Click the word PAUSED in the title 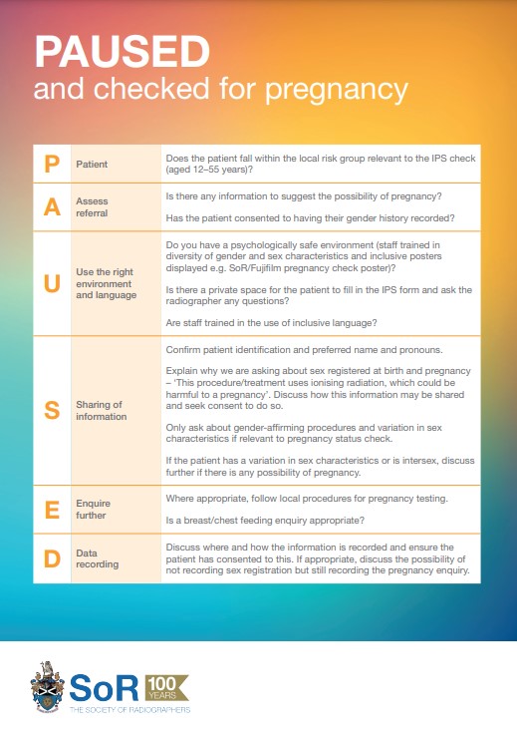[x=122, y=51]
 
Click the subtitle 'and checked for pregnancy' [x=220, y=89]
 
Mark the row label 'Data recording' [x=98, y=558]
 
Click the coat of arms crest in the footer [x=47, y=687]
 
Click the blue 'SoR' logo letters [x=104, y=685]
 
